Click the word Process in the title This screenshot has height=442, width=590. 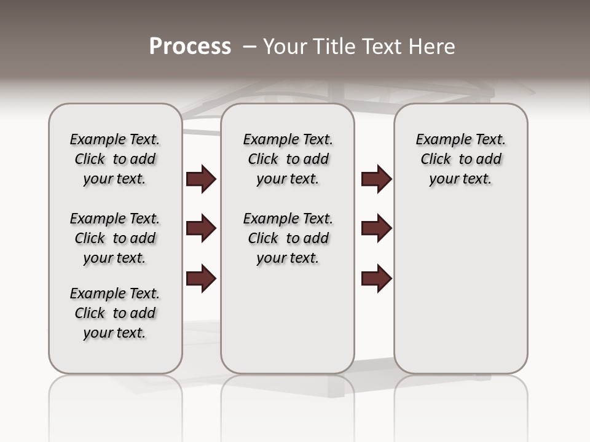click(190, 47)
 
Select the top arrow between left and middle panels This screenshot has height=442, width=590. click(201, 179)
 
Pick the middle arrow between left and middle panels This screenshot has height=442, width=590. click(201, 228)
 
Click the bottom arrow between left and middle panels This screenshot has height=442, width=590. click(201, 279)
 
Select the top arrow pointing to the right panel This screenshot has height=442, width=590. click(376, 179)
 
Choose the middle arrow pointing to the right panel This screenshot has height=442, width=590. click(376, 228)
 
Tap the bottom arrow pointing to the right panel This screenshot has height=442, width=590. click(376, 279)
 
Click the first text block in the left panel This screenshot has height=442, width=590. click(115, 159)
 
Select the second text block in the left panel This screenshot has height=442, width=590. click(115, 238)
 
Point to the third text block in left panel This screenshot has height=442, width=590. click(115, 313)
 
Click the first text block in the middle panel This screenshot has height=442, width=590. click(288, 159)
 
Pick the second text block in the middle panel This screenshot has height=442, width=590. click(288, 238)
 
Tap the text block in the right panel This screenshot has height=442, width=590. click(461, 159)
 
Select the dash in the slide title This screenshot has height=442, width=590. click(249, 47)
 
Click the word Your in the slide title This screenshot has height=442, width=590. click(285, 47)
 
